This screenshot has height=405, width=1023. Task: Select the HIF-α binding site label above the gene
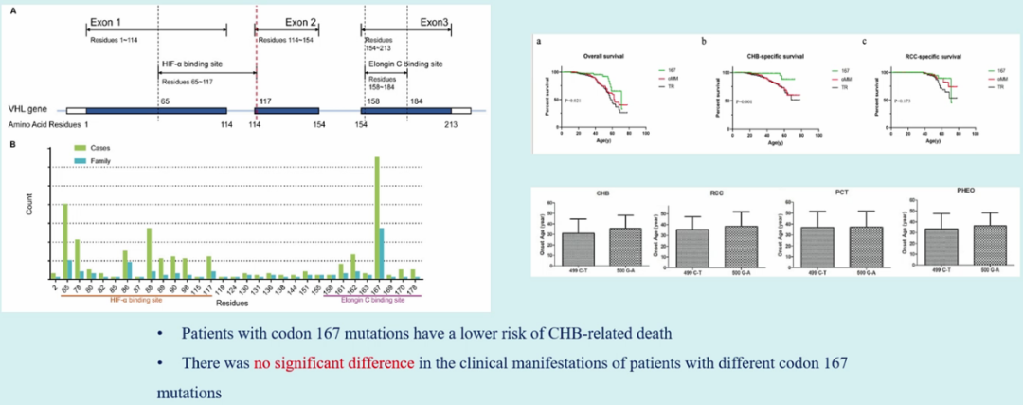pyautogui.click(x=185, y=63)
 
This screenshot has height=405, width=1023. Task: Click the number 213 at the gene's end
pyautogui.click(x=452, y=123)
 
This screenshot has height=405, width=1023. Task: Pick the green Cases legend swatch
pyautogui.click(x=81, y=147)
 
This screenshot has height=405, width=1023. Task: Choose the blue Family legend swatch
pyautogui.click(x=81, y=158)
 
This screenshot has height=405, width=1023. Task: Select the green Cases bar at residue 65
pyautogui.click(x=64, y=242)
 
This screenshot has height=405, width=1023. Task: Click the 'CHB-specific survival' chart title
pyautogui.click(x=758, y=58)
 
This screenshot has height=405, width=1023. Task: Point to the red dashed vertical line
pyautogui.click(x=256, y=57)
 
